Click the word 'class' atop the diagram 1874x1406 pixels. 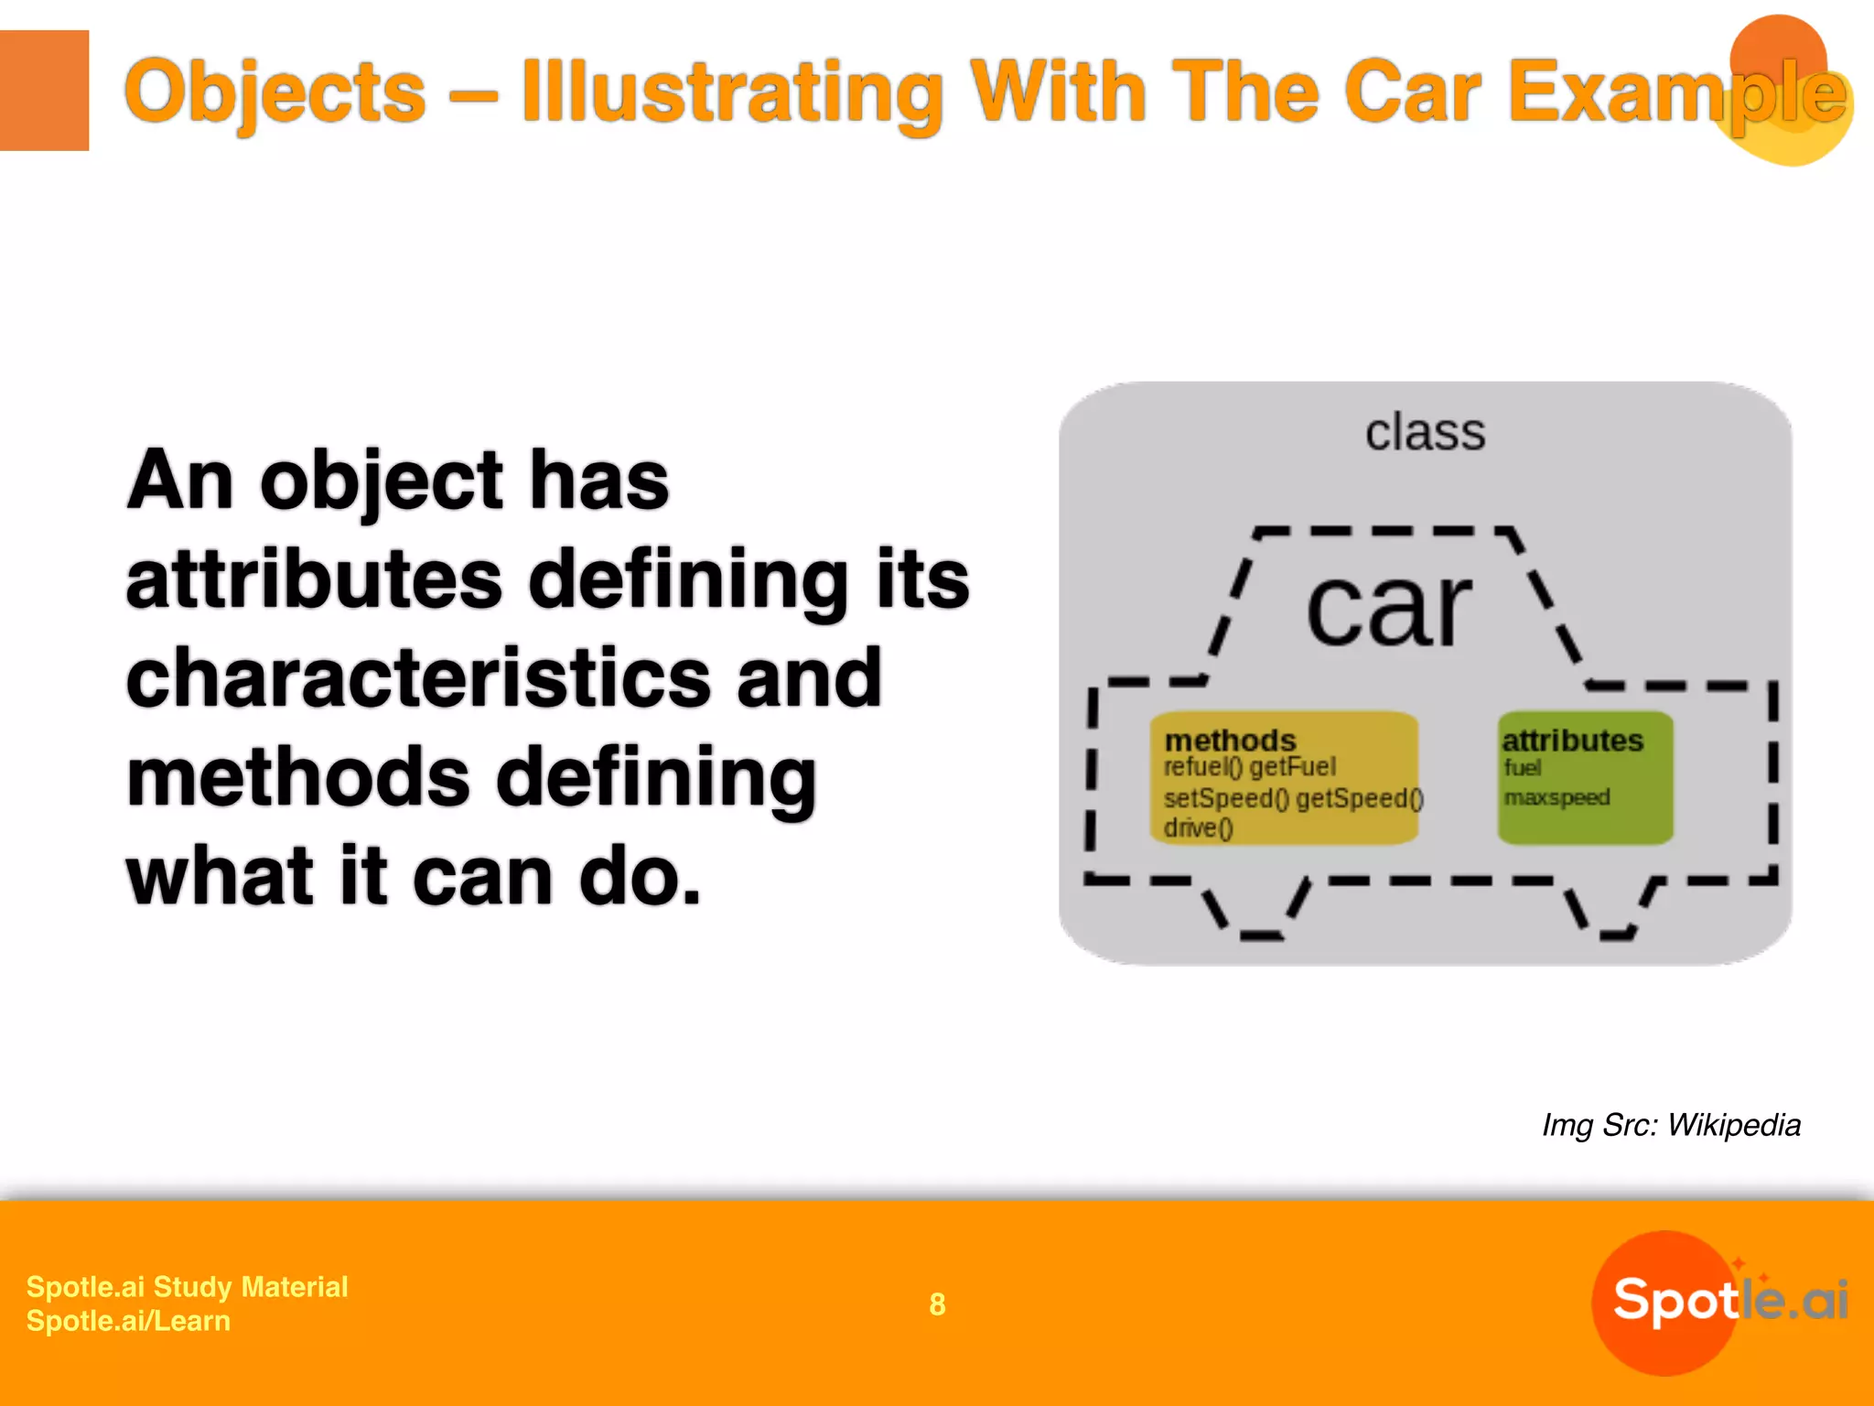pyautogui.click(x=1425, y=432)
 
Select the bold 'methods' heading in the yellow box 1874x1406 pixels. pyautogui.click(x=1230, y=740)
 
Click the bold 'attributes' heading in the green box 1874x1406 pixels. pyautogui.click(x=1572, y=740)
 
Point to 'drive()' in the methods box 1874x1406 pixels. pyautogui.click(x=1198, y=827)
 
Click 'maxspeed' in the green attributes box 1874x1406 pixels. pyautogui.click(x=1556, y=797)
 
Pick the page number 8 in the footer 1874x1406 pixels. pyautogui.click(x=937, y=1303)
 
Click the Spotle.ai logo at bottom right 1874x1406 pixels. pyautogui.click(x=1720, y=1301)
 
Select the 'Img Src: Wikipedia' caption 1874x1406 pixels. pyautogui.click(x=1671, y=1125)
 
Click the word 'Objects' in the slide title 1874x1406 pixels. pyautogui.click(x=275, y=92)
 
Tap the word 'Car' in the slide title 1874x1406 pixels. pyautogui.click(x=1411, y=92)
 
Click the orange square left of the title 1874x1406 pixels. pyautogui.click(x=44, y=90)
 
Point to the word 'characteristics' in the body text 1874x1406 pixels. pyautogui.click(x=418, y=678)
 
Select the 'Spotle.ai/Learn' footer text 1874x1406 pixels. pyautogui.click(x=128, y=1321)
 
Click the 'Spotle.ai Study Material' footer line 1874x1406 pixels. pyautogui.click(x=187, y=1286)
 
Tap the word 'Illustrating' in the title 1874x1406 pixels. pyautogui.click(x=731, y=92)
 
